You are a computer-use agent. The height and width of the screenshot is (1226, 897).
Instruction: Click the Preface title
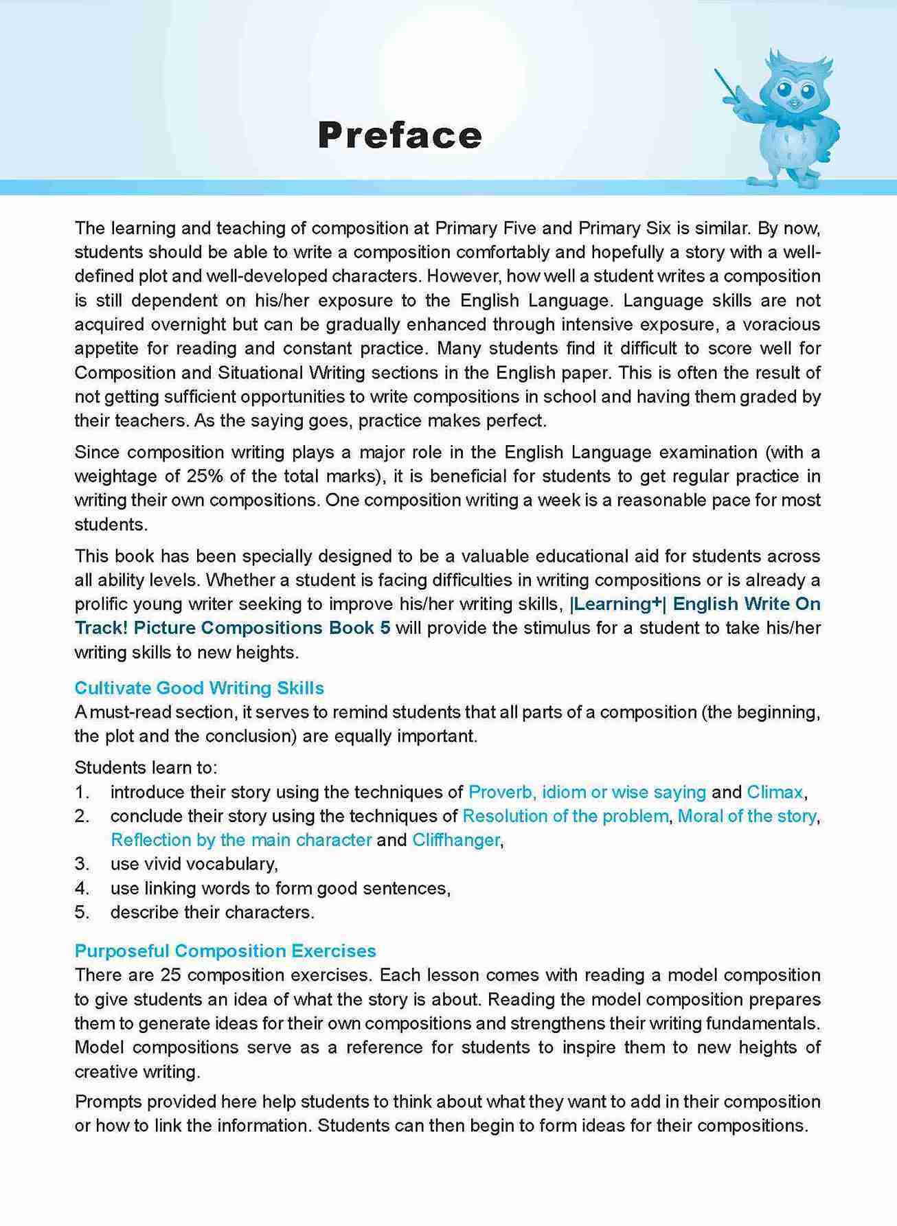pyautogui.click(x=400, y=135)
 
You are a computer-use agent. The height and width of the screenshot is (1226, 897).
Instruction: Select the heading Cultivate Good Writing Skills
pyautogui.click(x=199, y=688)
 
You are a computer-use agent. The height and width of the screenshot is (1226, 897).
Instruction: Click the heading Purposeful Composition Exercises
pyautogui.click(x=225, y=951)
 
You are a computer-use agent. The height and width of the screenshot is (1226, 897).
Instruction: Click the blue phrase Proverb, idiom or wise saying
pyautogui.click(x=587, y=792)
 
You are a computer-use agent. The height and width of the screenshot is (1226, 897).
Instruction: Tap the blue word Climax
pyautogui.click(x=774, y=792)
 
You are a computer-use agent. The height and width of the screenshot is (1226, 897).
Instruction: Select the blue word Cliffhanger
pyautogui.click(x=456, y=840)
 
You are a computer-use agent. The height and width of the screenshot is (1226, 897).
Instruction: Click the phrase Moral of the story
pyautogui.click(x=747, y=816)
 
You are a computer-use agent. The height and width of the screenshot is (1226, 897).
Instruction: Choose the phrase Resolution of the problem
pyautogui.click(x=565, y=816)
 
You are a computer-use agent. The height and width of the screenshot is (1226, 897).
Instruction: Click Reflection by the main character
pyautogui.click(x=241, y=840)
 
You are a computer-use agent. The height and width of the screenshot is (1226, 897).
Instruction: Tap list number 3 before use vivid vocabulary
pyautogui.click(x=82, y=864)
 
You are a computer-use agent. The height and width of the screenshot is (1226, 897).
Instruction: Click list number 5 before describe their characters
pyautogui.click(x=82, y=912)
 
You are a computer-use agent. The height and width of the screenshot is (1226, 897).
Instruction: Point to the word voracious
pyautogui.click(x=782, y=324)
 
